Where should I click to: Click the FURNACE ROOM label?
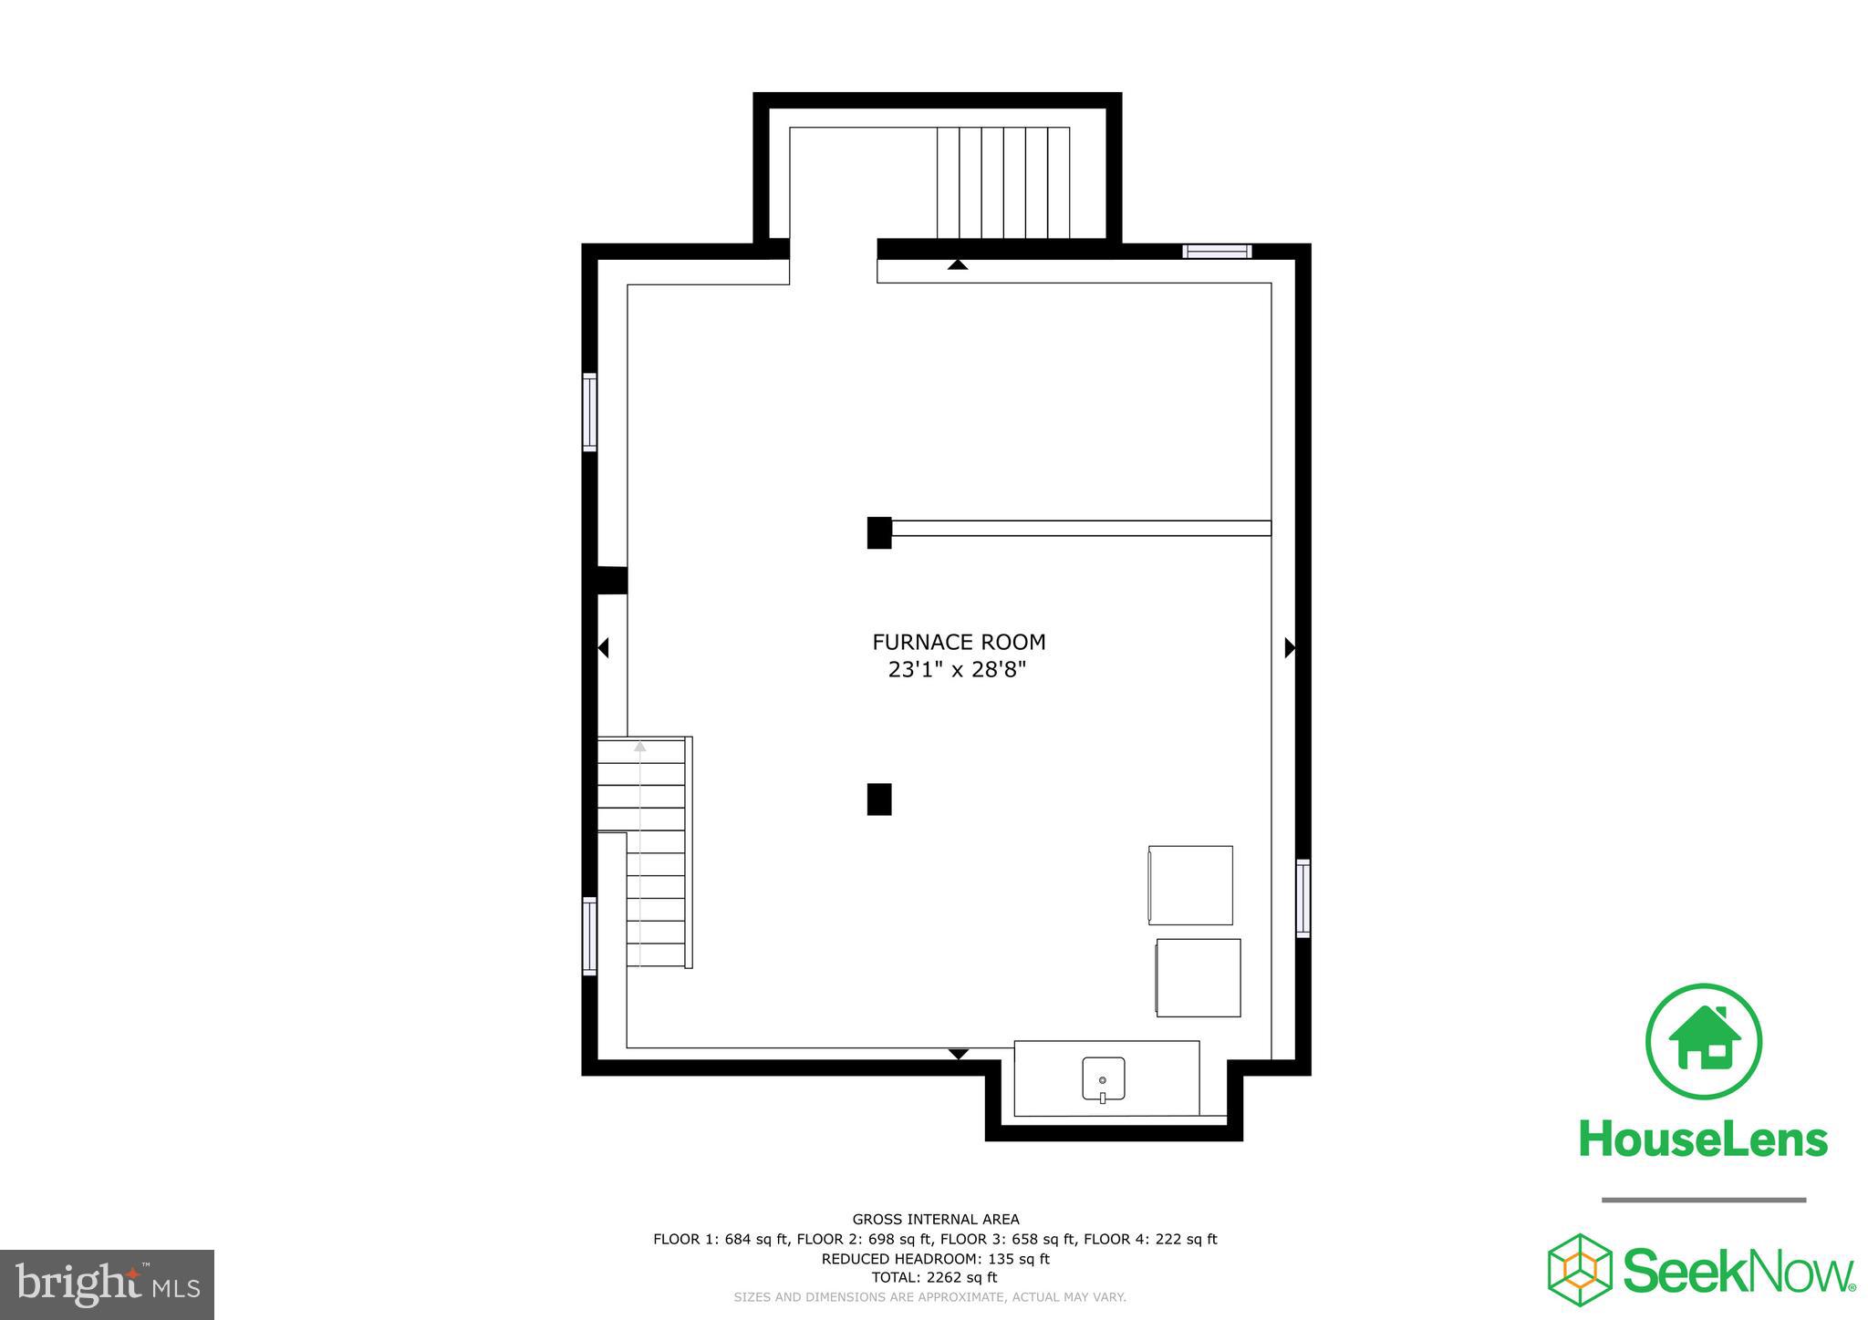[959, 642]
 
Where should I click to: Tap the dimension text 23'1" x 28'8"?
[958, 670]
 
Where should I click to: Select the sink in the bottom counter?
[1103, 1078]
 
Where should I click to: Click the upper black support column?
[879, 532]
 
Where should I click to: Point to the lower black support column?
[879, 799]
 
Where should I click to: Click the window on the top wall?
[1217, 252]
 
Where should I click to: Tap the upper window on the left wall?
[590, 412]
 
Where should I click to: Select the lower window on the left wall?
[590, 936]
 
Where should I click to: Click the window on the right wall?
[1303, 898]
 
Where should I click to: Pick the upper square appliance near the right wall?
[1190, 885]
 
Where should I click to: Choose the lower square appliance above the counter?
[1199, 977]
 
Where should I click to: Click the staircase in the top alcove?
[1003, 182]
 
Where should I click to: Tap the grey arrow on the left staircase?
[640, 747]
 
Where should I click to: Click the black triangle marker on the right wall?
[1290, 648]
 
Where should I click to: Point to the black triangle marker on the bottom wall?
[958, 1054]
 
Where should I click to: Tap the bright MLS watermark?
[107, 1284]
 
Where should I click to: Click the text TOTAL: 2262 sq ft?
[935, 1278]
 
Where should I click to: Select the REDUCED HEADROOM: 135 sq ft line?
[935, 1259]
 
